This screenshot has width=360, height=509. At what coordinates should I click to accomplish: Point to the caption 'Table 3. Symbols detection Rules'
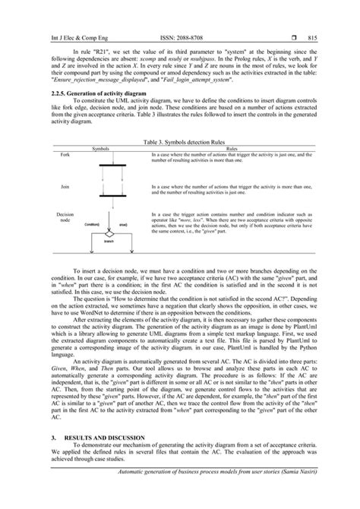pyautogui.click(x=181, y=141)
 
